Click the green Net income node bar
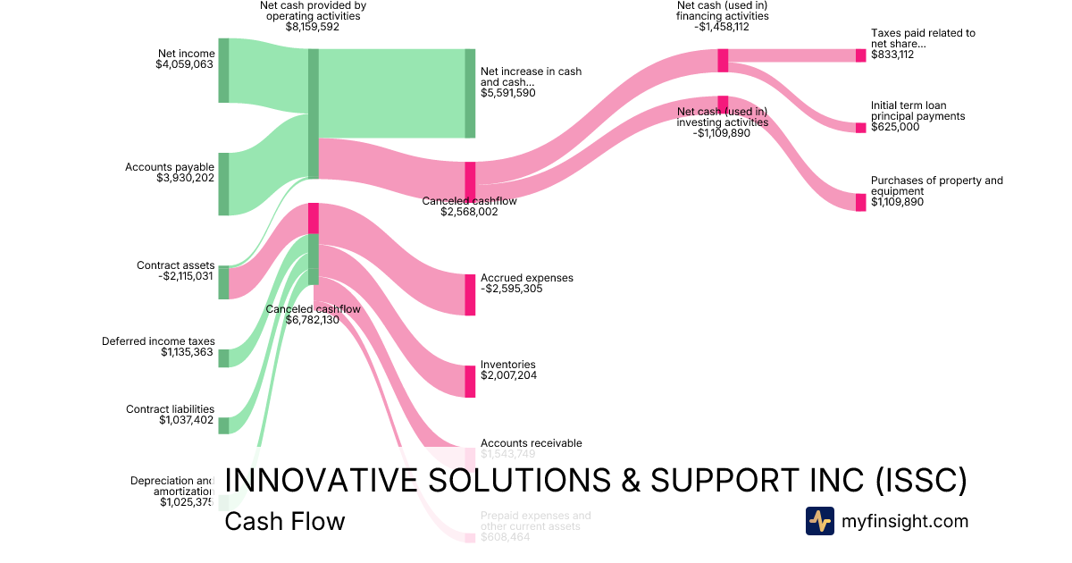click(223, 71)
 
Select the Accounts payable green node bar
click(223, 183)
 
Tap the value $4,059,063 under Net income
click(185, 64)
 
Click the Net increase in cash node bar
click(470, 94)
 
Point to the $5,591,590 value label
click(508, 92)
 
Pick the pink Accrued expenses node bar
click(470, 295)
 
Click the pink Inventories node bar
click(470, 382)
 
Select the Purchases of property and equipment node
click(861, 202)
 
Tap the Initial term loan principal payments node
click(861, 127)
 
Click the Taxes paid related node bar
click(861, 55)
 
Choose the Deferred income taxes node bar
click(223, 357)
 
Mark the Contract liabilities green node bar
click(223, 425)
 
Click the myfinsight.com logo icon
click(819, 521)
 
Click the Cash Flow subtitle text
click(284, 521)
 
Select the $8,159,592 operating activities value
click(313, 27)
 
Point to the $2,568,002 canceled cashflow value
click(469, 212)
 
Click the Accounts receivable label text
click(531, 443)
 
